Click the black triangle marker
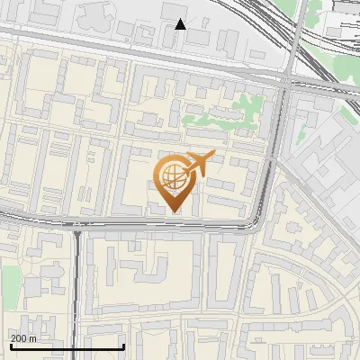pos(181,24)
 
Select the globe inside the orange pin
pos(172,177)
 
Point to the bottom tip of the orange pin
pos(173,211)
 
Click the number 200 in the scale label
pos(20,338)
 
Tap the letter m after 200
pos(33,338)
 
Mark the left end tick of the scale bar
pos(9,346)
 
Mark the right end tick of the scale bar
pos(123,346)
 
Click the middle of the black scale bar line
pos(66,347)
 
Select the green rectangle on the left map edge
pos(8,283)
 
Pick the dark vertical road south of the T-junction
pos(77,288)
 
